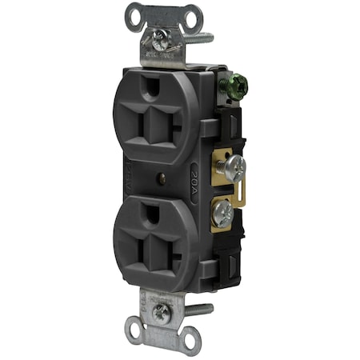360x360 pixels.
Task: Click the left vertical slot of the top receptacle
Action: click(x=130, y=122)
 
